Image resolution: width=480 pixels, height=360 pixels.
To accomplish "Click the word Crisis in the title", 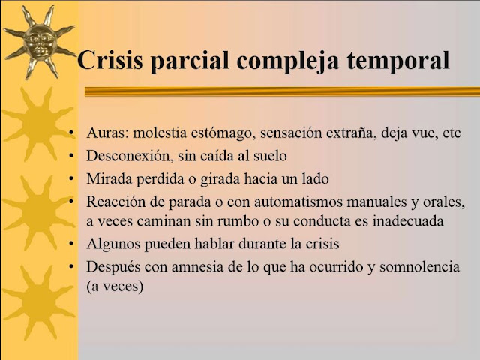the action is (110, 60).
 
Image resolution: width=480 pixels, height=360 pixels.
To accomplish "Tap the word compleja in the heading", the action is (287, 62).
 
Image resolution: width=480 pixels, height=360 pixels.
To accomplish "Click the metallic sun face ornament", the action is (39, 42).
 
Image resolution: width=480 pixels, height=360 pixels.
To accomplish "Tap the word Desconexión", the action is (128, 156).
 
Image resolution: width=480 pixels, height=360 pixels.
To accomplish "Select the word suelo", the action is (270, 156).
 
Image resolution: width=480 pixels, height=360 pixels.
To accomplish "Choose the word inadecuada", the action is (408, 221).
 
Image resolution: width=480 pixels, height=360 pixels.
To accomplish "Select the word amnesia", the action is (197, 267).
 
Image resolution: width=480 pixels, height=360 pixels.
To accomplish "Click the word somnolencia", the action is (420, 267).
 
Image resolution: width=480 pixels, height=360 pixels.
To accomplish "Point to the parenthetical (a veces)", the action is (115, 286).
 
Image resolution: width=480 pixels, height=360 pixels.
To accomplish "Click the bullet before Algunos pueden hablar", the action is (71, 244).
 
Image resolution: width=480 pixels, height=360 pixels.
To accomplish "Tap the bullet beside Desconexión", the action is (71, 156).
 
